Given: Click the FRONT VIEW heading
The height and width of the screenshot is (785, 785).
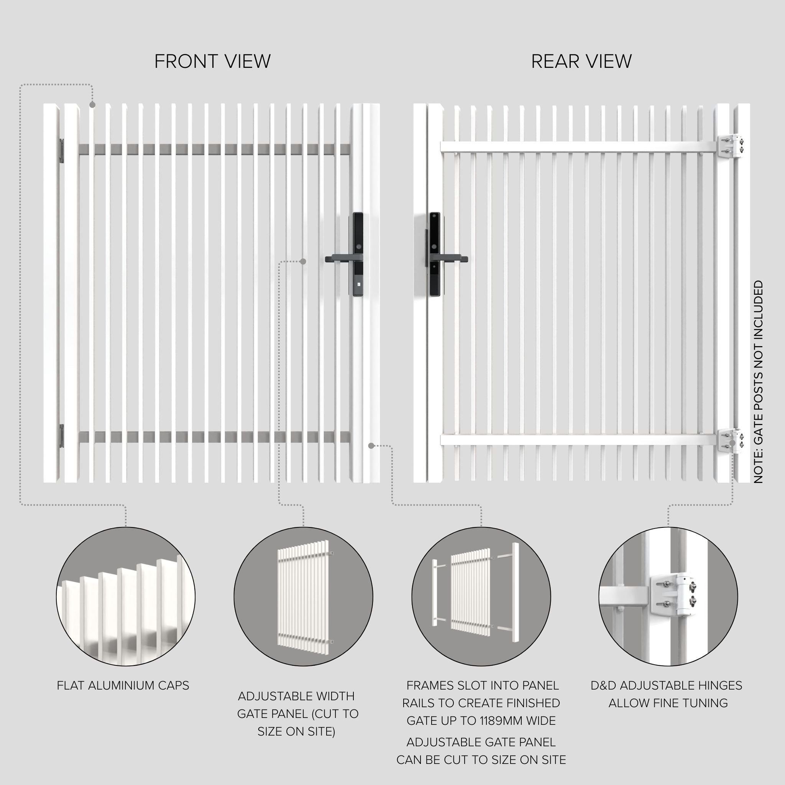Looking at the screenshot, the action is (x=212, y=61).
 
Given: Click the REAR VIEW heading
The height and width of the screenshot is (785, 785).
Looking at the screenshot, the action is (x=581, y=61).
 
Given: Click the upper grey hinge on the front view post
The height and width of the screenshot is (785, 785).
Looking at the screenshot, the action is (x=62, y=151).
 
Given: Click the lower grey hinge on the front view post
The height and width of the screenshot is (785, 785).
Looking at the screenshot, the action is (x=62, y=436).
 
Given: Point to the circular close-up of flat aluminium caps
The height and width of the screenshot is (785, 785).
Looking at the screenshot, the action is (x=126, y=596).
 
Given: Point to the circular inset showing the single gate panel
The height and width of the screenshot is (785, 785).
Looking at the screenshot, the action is (x=303, y=596).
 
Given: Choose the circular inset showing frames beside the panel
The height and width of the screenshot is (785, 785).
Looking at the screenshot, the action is (x=481, y=596).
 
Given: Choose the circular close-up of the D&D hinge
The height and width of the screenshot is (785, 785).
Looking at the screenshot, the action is (x=668, y=596).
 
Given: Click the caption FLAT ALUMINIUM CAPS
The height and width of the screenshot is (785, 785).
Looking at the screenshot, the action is (x=123, y=686).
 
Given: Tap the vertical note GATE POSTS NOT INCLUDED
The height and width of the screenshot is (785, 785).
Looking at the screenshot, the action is (x=758, y=382).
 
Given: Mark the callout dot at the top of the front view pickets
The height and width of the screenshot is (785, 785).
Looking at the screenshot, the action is (x=92, y=105).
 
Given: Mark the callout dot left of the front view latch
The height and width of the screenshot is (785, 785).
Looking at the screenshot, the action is (x=303, y=261).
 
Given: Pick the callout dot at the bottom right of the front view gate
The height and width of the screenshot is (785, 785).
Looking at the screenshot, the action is (x=371, y=446).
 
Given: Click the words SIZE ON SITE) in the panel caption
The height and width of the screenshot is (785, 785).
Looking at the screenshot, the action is (x=296, y=732).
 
